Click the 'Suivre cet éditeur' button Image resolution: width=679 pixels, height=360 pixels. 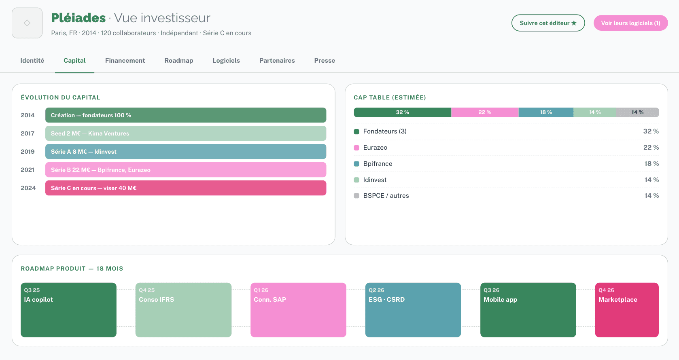pos(548,23)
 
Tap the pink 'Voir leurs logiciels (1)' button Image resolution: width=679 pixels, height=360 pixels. pos(630,23)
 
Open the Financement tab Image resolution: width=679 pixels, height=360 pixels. pos(125,61)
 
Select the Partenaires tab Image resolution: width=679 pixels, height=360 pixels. pos(277,61)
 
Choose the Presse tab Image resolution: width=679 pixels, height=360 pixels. pos(325,61)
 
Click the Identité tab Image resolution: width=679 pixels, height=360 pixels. pos(32,61)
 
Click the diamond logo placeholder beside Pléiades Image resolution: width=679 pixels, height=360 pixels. pos(27,23)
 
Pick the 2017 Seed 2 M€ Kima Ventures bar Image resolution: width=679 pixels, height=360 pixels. pos(186,133)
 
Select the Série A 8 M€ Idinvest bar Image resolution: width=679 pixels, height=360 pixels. pos(186,152)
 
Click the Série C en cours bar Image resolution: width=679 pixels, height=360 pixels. pos(186,188)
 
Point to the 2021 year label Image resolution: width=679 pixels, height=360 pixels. pos(28,170)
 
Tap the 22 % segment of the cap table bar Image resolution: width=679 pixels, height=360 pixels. pos(485,112)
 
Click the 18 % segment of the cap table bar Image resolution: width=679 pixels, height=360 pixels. pos(546,112)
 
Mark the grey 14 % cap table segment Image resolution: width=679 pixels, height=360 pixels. pos(637,112)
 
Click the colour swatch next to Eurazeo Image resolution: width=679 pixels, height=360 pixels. pos(356,148)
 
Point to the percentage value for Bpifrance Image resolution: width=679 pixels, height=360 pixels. pos(651,164)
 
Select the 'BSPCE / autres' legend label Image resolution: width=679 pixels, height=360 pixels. pos(386,196)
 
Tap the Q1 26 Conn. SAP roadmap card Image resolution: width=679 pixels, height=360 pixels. pos(298,310)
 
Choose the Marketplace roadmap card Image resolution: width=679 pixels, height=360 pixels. pos(627,310)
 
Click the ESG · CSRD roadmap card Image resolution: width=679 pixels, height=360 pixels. pos(413,310)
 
